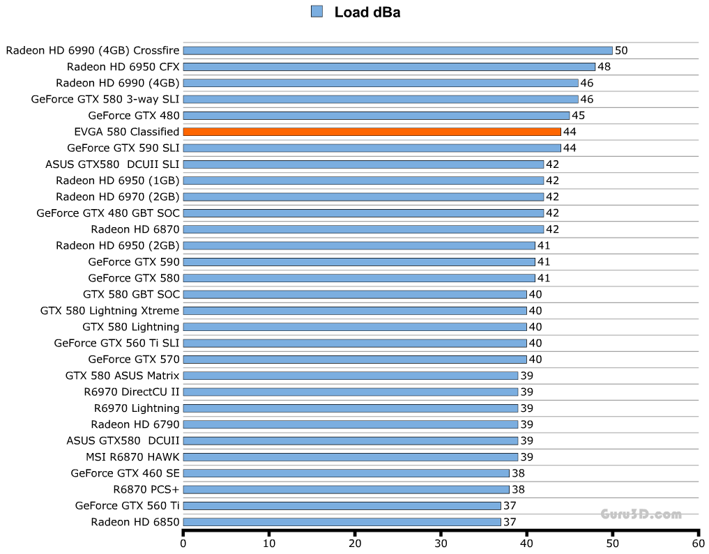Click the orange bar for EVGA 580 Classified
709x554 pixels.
pyautogui.click(x=372, y=132)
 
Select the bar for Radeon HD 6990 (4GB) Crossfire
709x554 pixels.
pyautogui.click(x=397, y=50)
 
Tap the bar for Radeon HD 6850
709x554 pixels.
pyautogui.click(x=342, y=522)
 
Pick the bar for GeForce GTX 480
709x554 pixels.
pyautogui.click(x=376, y=116)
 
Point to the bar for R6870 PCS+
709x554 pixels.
pyautogui.click(x=346, y=489)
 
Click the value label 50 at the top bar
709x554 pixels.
pyautogui.click(x=621, y=50)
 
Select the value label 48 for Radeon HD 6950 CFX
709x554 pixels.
pyautogui.click(x=604, y=67)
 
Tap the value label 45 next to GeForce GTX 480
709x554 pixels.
pyautogui.click(x=578, y=116)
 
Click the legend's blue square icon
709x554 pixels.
pyautogui.click(x=317, y=11)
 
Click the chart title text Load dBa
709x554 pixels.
pyautogui.click(x=367, y=12)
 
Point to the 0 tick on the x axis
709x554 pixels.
pyautogui.click(x=183, y=543)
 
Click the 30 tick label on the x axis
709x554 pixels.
pyautogui.click(x=441, y=543)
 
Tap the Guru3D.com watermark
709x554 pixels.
pyautogui.click(x=641, y=514)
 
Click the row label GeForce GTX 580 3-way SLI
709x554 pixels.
pyautogui.click(x=105, y=99)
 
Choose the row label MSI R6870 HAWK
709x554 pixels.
pyautogui.click(x=132, y=457)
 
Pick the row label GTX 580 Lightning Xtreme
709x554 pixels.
pyautogui.click(x=109, y=311)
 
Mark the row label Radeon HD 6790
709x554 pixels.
pyautogui.click(x=135, y=424)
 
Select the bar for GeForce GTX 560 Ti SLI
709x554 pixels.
pyautogui.click(x=355, y=343)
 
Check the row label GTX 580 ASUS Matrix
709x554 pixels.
pyautogui.click(x=122, y=376)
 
